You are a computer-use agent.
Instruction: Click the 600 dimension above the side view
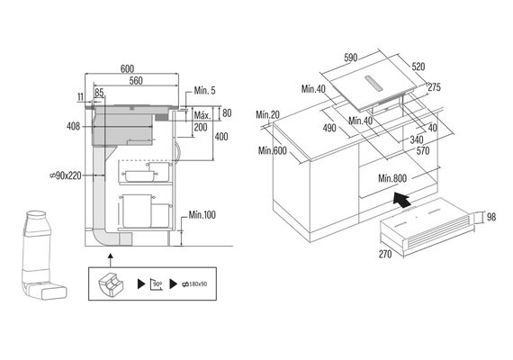[127, 68]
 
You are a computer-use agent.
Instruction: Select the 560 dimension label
[136, 80]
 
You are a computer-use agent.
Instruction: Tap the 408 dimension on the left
[73, 126]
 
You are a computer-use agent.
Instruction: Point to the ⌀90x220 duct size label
[66, 175]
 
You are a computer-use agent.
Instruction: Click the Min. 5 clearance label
[205, 91]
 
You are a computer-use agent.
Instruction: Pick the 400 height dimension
[221, 137]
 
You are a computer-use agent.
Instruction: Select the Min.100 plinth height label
[202, 215]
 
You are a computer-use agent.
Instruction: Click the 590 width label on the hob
[350, 58]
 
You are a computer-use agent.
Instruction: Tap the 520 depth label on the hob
[418, 67]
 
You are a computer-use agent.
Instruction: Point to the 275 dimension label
[435, 87]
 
